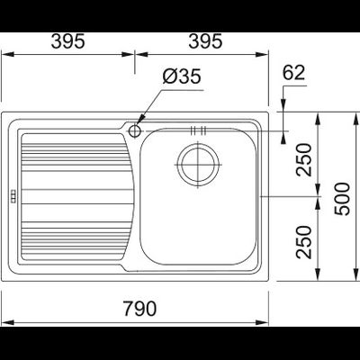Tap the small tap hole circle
coord(135,130)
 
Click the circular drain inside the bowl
coord(198,164)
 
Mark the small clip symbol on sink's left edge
coord(13,197)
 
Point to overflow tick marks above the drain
coord(199,131)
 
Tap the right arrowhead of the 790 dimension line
coord(266,321)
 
